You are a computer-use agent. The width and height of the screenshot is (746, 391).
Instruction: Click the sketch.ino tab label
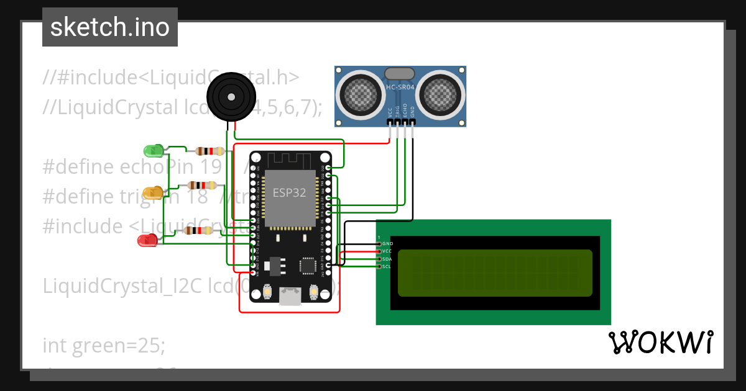pyautogui.click(x=110, y=27)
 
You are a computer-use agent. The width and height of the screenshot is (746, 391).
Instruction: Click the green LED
pyautogui.click(x=152, y=150)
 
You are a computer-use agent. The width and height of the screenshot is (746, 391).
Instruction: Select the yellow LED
pyautogui.click(x=152, y=192)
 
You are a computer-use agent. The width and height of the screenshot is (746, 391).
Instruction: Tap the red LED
pyautogui.click(x=147, y=240)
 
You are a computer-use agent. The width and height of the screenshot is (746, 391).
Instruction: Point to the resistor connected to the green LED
pyautogui.click(x=210, y=151)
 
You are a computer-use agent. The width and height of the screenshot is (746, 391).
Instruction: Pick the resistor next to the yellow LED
pyautogui.click(x=202, y=185)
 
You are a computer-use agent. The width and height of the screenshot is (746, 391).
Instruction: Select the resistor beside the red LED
pyautogui.click(x=198, y=231)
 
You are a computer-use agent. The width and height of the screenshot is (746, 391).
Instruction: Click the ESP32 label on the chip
pyautogui.click(x=289, y=192)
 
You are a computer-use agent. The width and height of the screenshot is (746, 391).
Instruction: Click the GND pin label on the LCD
pyautogui.click(x=388, y=244)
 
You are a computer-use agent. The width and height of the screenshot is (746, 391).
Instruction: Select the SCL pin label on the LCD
pyautogui.click(x=387, y=266)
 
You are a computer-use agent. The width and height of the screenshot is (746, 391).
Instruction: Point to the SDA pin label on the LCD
pyautogui.click(x=387, y=259)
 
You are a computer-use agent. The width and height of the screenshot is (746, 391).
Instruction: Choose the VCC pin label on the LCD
pyautogui.click(x=387, y=251)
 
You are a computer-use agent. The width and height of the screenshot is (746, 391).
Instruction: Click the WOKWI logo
pyautogui.click(x=660, y=342)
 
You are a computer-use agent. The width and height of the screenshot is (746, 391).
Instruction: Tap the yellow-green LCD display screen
pyautogui.click(x=494, y=272)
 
